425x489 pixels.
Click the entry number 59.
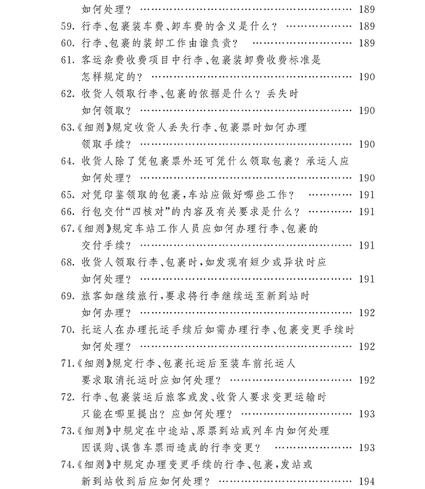tap(67, 26)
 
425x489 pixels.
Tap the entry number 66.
tap(67, 212)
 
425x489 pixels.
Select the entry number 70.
tap(67, 330)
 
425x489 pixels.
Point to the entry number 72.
tap(67, 397)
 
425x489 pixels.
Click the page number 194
tap(367, 482)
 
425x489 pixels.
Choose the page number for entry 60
tap(367, 43)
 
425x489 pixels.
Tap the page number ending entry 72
tap(367, 414)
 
